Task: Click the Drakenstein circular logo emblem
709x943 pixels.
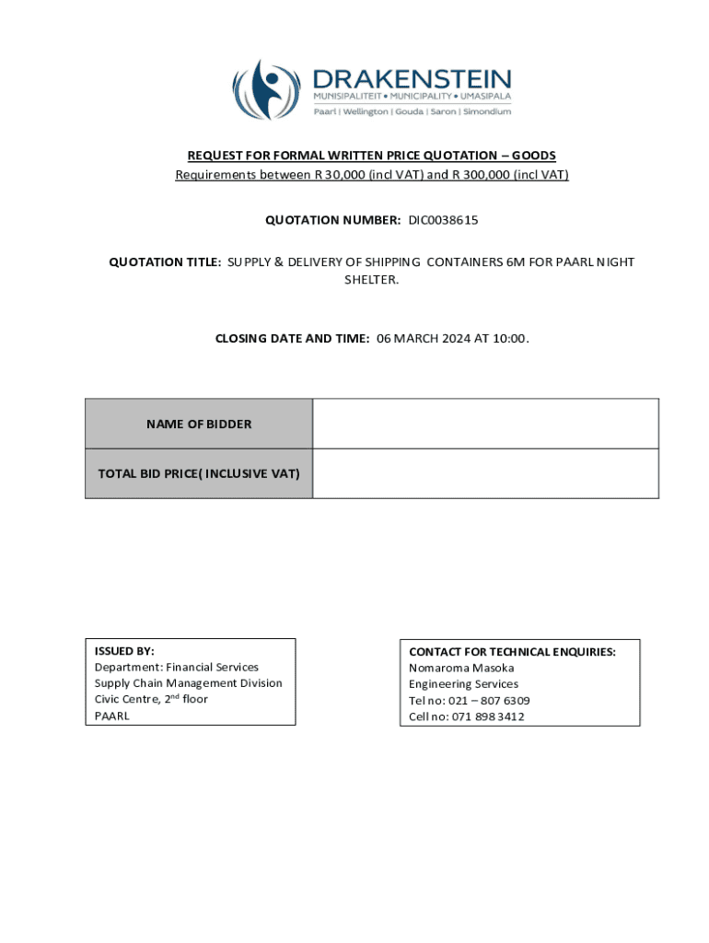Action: [266, 88]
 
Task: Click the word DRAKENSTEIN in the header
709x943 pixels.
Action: [412, 78]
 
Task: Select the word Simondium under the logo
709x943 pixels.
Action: [487, 111]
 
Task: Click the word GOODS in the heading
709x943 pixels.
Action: [534, 156]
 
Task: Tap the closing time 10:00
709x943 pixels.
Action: [512, 338]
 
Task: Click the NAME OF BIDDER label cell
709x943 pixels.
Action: [199, 424]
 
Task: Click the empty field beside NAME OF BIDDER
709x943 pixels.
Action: [485, 424]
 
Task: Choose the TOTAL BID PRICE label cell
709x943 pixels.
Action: [199, 473]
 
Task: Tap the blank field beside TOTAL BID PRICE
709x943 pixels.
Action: [485, 473]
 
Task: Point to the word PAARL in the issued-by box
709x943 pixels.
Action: [112, 716]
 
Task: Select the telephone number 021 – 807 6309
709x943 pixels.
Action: [489, 700]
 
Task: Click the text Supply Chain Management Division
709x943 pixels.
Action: [188, 683]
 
